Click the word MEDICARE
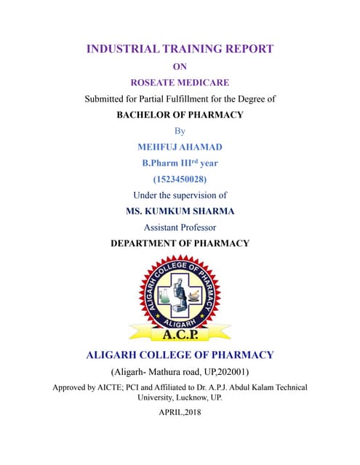coord(205,83)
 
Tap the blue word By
coord(180,131)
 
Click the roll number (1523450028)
coord(180,179)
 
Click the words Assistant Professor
coord(180,227)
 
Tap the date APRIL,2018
coord(180,412)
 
